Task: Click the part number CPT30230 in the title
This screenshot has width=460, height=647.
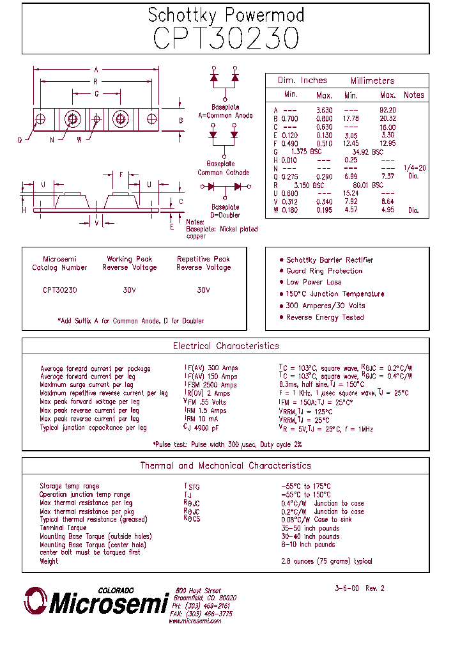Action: coord(226,38)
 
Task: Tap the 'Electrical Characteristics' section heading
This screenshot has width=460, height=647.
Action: coord(226,346)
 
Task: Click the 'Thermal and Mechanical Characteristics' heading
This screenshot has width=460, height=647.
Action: coord(226,466)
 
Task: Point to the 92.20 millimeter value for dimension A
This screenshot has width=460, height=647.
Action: coord(387,110)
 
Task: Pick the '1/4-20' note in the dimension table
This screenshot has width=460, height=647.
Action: coord(414,168)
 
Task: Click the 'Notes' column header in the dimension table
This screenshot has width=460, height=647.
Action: coord(413,95)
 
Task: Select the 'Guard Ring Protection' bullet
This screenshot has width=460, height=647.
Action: coord(324,271)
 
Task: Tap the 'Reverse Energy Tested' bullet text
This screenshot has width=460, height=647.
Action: coord(325,317)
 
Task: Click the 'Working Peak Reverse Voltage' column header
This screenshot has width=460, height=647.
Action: coord(129,263)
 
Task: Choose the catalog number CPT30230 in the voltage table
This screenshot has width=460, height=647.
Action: coord(60,290)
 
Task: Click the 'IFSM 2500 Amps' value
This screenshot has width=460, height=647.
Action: coord(210,386)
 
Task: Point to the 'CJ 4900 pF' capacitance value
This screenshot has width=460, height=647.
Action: coord(201,428)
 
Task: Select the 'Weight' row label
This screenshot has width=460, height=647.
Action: coord(49,561)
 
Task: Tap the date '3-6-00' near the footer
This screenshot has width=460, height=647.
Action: coord(347,588)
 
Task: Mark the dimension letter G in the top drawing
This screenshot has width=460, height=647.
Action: coord(96,93)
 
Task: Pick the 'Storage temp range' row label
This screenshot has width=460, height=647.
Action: coord(69,487)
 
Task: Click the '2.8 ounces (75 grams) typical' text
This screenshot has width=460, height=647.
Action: coord(326,561)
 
